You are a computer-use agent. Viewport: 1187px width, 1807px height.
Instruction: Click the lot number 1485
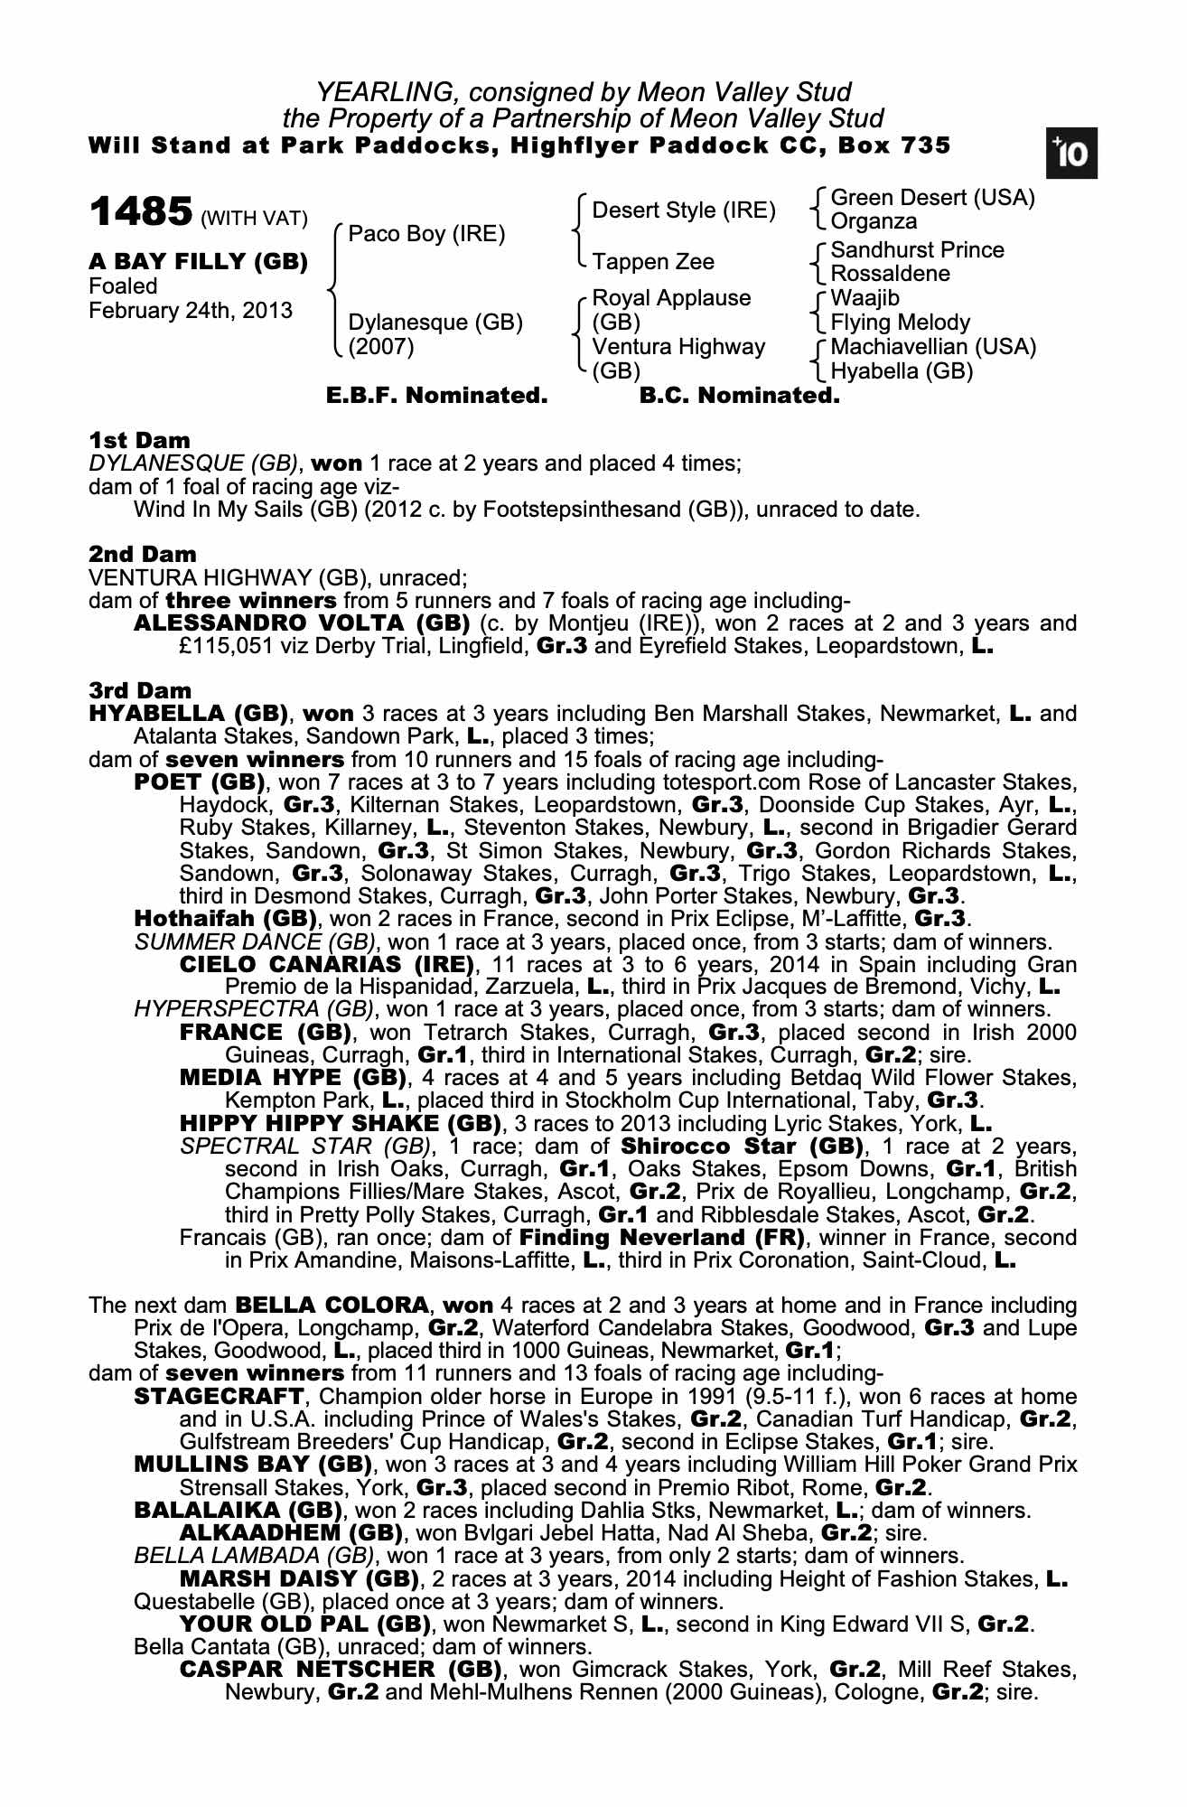(140, 212)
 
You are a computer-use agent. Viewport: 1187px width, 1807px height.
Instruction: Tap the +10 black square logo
(1071, 154)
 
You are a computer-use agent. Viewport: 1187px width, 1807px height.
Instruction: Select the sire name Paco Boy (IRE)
(426, 234)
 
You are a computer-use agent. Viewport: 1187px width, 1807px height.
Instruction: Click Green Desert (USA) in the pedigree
(932, 198)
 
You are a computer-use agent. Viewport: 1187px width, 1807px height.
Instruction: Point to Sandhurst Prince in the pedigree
(917, 250)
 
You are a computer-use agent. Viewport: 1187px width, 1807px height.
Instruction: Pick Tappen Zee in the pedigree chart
(653, 262)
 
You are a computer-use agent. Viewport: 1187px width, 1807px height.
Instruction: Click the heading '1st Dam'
(139, 440)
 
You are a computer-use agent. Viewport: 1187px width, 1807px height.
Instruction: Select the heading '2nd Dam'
(142, 554)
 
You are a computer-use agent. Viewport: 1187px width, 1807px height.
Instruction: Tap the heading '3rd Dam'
(140, 691)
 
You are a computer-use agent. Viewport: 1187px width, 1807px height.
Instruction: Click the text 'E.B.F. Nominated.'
(436, 396)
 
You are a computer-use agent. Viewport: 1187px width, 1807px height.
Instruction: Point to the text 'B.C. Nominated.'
(739, 396)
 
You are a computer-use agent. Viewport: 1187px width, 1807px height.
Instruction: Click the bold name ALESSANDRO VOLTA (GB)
(302, 623)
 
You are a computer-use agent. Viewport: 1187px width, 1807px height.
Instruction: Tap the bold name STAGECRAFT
(218, 1397)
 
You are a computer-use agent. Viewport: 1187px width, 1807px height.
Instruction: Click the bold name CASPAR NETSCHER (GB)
(341, 1669)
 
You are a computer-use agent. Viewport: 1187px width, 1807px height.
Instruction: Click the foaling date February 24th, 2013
(191, 311)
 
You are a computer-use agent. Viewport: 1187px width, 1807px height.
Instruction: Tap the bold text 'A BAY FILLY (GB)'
(198, 262)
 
